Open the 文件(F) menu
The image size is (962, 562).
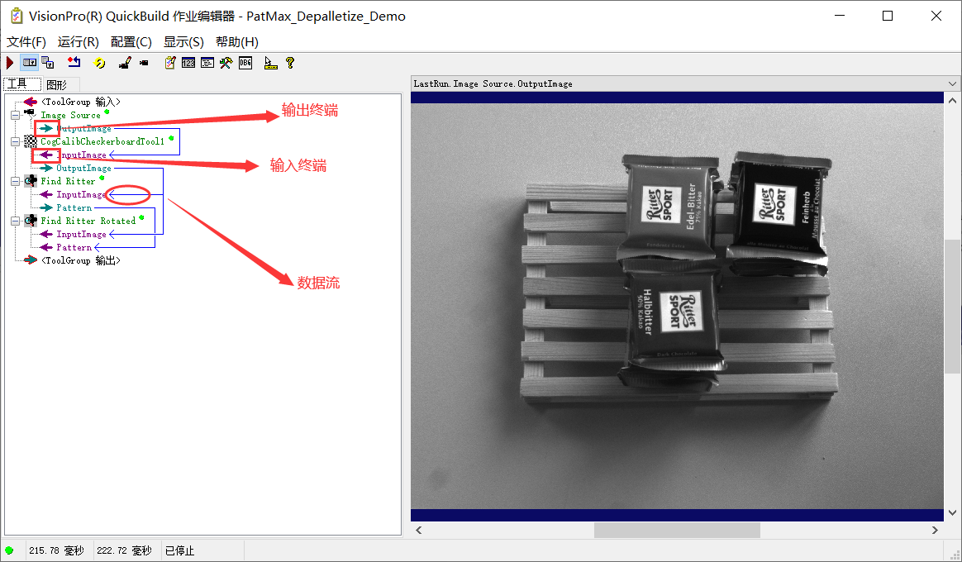pyautogui.click(x=26, y=42)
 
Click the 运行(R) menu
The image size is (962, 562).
pyautogui.click(x=79, y=42)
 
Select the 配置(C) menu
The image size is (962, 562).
pyautogui.click(x=131, y=42)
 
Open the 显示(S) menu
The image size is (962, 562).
pyautogui.click(x=183, y=42)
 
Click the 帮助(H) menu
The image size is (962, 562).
pyautogui.click(x=237, y=42)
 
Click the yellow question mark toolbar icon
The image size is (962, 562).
pyautogui.click(x=290, y=63)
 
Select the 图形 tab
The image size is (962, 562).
pyautogui.click(x=57, y=84)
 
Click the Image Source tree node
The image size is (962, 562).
pyautogui.click(x=70, y=115)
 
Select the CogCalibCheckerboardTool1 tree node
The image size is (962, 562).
pyautogui.click(x=102, y=141)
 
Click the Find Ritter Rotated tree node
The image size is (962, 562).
pyautogui.click(x=88, y=221)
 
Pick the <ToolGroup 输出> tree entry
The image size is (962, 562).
pyautogui.click(x=80, y=260)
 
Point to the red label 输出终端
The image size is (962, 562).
pyautogui.click(x=310, y=111)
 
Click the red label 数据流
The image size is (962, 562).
pyautogui.click(x=318, y=283)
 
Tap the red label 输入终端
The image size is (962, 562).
pyautogui.click(x=298, y=166)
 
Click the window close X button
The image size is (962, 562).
pyautogui.click(x=936, y=16)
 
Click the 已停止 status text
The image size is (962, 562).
pyautogui.click(x=179, y=550)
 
